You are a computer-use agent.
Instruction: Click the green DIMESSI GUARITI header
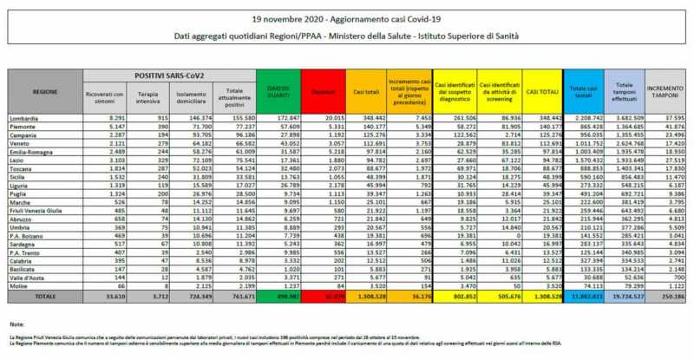coord(283,89)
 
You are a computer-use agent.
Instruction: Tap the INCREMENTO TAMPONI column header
coord(668,89)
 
